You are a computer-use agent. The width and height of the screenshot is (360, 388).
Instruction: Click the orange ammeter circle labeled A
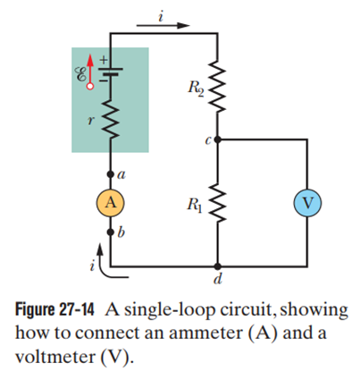[110, 203]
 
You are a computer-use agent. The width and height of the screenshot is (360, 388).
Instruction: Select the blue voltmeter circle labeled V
[307, 203]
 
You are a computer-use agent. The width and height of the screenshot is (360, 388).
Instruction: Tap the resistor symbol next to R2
[218, 86]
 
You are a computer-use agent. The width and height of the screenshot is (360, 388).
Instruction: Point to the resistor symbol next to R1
[218, 203]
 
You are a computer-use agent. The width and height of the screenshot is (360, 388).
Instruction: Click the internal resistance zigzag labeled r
[110, 119]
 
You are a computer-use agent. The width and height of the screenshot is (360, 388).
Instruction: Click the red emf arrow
[90, 72]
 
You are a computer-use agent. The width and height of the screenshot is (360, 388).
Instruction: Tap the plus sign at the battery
[103, 60]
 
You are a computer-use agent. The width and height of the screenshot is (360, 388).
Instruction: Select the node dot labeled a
[110, 174]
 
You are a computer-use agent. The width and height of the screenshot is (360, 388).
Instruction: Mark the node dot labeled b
[110, 232]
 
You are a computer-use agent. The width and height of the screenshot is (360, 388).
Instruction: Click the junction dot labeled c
[218, 139]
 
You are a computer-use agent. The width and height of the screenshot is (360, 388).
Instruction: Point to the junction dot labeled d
[218, 266]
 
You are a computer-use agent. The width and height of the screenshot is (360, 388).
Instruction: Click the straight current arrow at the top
[163, 25]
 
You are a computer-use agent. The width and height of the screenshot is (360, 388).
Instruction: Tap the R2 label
[196, 89]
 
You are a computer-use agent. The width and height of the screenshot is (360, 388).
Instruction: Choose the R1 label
[195, 206]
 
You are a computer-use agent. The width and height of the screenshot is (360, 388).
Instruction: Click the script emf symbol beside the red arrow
[80, 74]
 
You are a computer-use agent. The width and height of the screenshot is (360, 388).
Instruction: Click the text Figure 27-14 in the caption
[54, 310]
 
